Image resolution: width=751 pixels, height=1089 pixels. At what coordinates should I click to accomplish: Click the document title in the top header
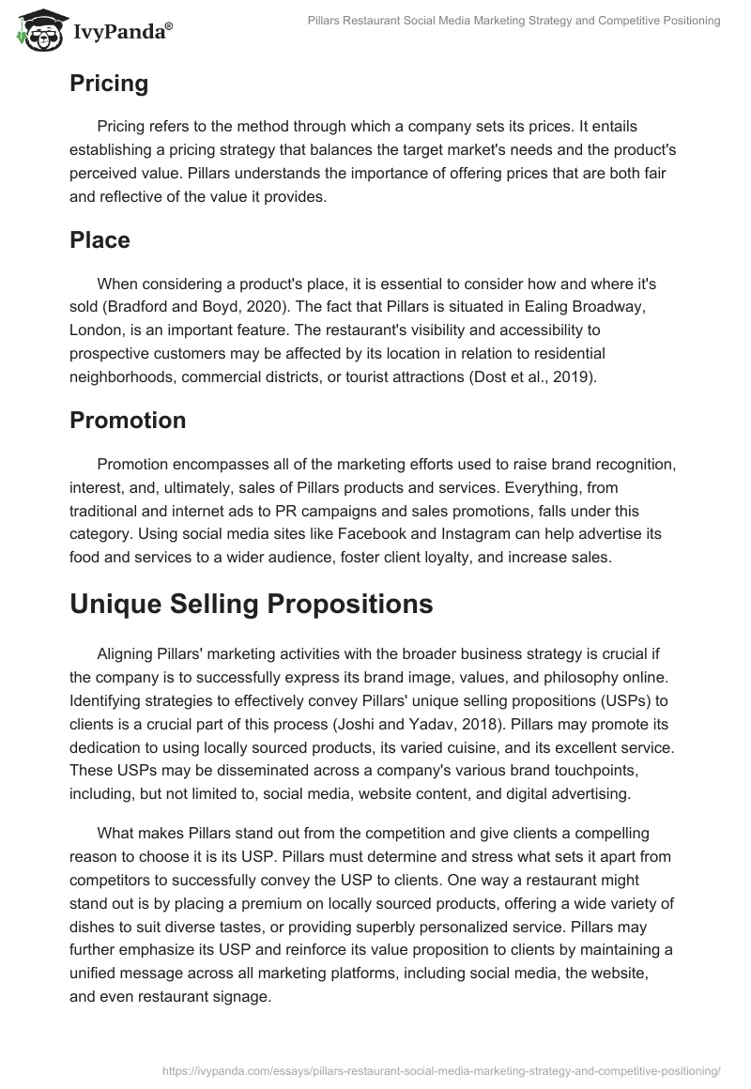click(514, 21)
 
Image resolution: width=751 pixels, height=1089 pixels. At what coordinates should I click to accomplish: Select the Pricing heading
click(109, 84)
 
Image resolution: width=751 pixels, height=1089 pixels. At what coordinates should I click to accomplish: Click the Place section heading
click(100, 239)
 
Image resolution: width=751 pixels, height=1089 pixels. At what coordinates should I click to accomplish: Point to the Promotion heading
click(128, 420)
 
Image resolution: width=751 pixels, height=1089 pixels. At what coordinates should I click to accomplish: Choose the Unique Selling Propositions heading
click(252, 604)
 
